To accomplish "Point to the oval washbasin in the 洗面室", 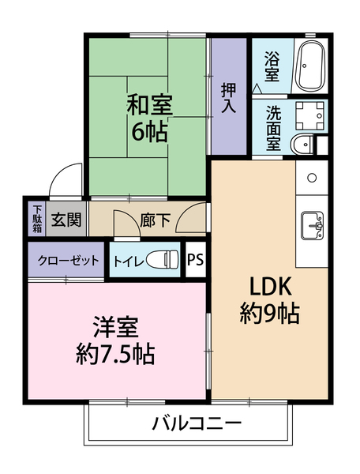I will point(301,145).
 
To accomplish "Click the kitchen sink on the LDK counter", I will point(311,224).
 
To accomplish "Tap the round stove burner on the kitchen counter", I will point(312,176).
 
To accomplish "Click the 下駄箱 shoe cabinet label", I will point(36,218).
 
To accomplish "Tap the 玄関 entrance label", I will point(66,220).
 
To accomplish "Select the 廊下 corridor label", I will point(155,220).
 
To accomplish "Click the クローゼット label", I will point(66,260).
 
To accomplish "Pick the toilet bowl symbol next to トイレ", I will point(163,260).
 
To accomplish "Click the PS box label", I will point(195,260).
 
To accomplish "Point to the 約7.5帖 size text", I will point(116,353).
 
